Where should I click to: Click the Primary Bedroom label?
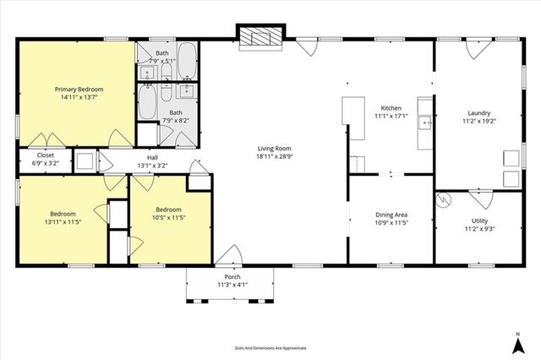click(79, 89)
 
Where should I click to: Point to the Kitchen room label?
click(391, 108)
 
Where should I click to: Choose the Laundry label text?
click(479, 112)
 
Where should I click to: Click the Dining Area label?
click(391, 215)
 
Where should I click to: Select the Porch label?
click(232, 277)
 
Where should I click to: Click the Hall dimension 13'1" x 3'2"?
click(153, 166)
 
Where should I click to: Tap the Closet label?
click(45, 155)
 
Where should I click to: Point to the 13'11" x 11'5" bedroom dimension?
click(63, 223)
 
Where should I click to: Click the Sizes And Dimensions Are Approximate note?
click(270, 347)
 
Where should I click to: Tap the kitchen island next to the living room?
click(352, 117)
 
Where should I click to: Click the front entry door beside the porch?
click(227, 255)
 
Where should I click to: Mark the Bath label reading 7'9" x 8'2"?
click(176, 121)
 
